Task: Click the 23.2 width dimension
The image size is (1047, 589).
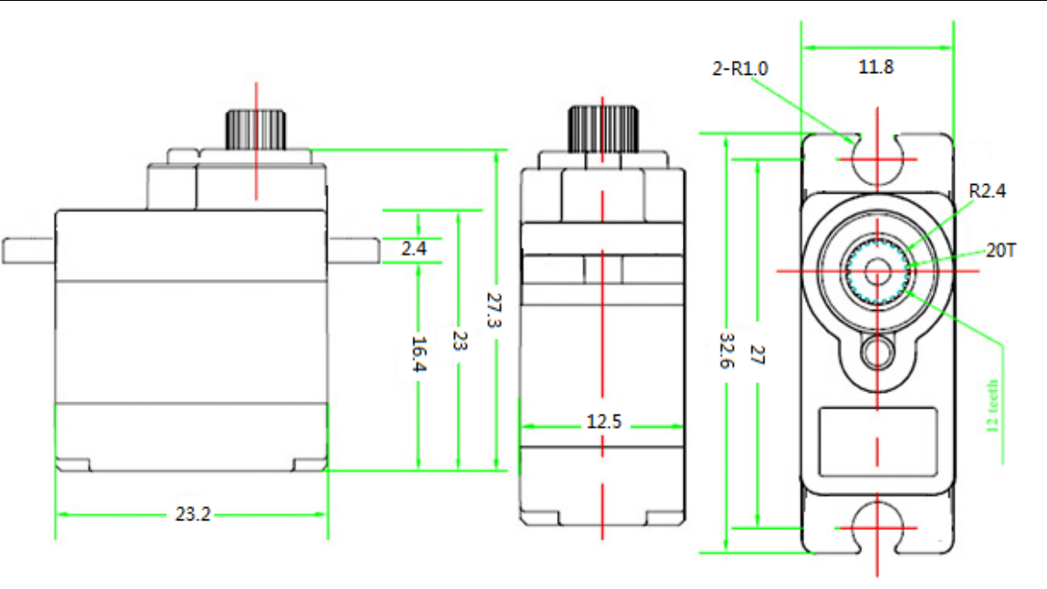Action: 192,515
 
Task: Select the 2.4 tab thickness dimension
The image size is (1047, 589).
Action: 413,249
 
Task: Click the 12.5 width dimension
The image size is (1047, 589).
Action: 604,423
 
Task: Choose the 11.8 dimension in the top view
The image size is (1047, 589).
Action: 876,67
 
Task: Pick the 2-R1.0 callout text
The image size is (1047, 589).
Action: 739,67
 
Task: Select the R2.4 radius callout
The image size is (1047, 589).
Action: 986,189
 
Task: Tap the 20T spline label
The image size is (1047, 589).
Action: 1000,251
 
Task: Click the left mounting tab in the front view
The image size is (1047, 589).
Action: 29,250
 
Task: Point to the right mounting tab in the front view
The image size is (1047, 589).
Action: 353,250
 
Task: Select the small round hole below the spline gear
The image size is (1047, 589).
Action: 877,353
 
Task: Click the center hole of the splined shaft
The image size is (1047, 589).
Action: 877,270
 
